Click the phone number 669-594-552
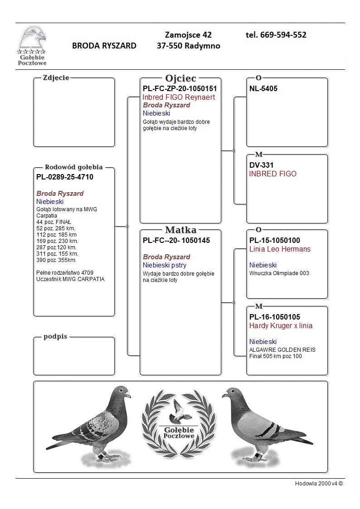pos(276,35)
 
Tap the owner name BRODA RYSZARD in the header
pos(104,46)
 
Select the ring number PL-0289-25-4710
pos(65,177)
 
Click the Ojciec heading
pos(180,78)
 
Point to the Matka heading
pos(180,229)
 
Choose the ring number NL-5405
pos(263,89)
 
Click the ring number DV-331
pos(261,165)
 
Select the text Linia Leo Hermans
pos(280,249)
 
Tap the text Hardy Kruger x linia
pos(281,326)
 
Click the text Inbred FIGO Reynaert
pos(179,97)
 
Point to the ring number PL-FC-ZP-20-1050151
pos(180,89)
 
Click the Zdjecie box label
pos(56,78)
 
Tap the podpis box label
pos(55,337)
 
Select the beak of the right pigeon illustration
pos(224,395)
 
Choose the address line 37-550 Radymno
pos(188,46)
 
